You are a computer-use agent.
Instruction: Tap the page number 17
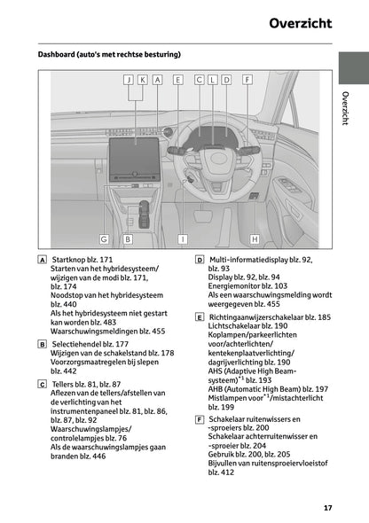(x=327, y=508)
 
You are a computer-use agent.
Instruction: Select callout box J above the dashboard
(x=129, y=80)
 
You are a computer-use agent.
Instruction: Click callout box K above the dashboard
(x=143, y=80)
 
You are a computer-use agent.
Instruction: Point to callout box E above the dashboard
(x=178, y=80)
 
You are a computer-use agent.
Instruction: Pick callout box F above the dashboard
(x=247, y=80)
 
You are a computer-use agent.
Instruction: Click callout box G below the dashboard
(x=104, y=238)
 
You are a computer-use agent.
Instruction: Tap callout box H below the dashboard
(x=255, y=238)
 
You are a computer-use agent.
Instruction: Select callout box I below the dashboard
(x=183, y=238)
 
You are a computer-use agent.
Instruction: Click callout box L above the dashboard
(x=213, y=80)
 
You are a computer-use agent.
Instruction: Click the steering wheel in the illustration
(x=213, y=160)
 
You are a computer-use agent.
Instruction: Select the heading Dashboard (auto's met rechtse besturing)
(x=109, y=55)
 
